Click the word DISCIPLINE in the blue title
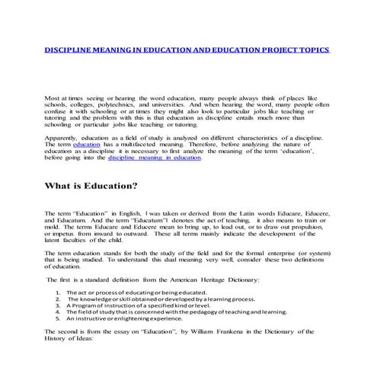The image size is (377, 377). tap(69, 50)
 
